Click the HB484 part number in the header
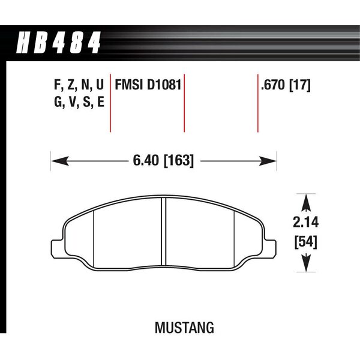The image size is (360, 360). click(x=59, y=43)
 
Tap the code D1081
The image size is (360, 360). click(x=164, y=85)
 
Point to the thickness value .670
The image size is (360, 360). click(x=273, y=85)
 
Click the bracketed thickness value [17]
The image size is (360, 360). click(x=299, y=85)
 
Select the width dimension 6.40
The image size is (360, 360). click(x=146, y=160)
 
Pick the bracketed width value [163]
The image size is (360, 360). click(x=179, y=160)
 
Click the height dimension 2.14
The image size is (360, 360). click(x=305, y=222)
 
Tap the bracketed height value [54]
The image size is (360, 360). click(x=306, y=242)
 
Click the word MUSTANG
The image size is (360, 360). click(x=184, y=328)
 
